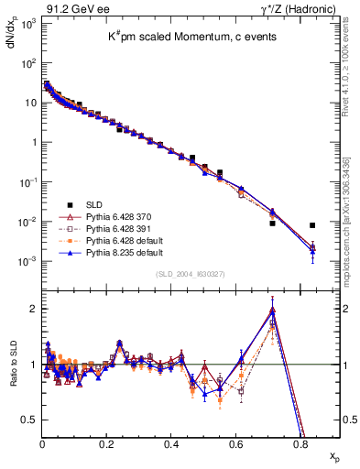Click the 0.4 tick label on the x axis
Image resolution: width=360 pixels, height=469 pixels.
coord(171,443)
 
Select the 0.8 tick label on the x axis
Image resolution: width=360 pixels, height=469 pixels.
coord(300,443)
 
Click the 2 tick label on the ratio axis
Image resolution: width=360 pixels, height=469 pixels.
coord(31,309)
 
